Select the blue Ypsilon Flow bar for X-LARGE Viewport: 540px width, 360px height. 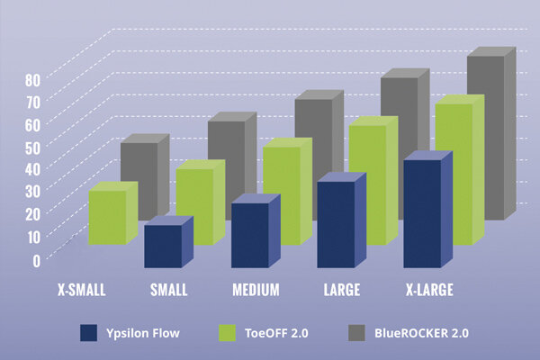(x=422, y=213)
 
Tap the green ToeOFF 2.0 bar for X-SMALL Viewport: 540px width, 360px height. (x=107, y=217)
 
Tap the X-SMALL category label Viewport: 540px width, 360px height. (x=81, y=290)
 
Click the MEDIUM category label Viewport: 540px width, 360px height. (x=256, y=290)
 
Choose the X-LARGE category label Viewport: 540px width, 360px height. (x=428, y=290)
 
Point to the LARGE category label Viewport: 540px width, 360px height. (x=342, y=290)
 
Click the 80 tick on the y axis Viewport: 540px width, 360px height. (x=33, y=79)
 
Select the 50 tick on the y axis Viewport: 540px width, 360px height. (x=33, y=146)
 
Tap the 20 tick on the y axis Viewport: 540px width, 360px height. (x=33, y=214)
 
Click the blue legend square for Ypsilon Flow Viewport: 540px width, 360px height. (x=88, y=333)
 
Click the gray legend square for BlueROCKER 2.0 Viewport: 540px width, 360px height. (x=357, y=333)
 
